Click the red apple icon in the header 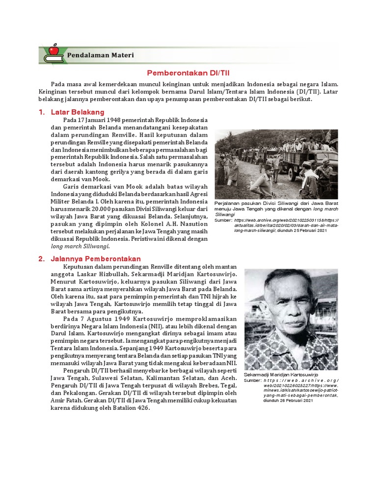[53, 50]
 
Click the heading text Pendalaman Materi [101, 55]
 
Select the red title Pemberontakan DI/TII [188, 72]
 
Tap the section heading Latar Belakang [75, 112]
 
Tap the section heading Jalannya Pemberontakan [96, 258]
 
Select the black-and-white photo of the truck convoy [276, 164]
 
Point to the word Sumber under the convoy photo [224, 221]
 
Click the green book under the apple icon [53, 59]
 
